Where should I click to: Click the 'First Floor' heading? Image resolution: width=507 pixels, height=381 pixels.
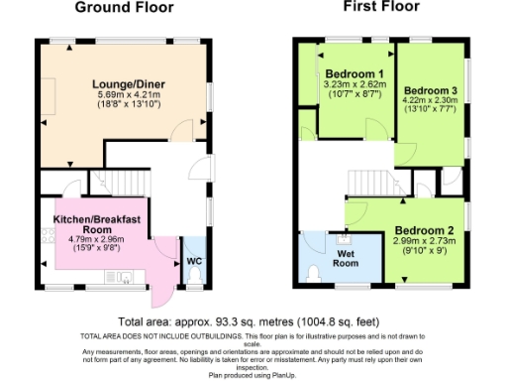point(381,7)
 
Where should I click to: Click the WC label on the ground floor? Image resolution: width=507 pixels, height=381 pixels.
point(194,263)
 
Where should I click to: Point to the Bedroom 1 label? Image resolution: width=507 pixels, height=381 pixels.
point(354,74)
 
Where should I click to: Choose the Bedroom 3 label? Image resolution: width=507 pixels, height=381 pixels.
point(432,87)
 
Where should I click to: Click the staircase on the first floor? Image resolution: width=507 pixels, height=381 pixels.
point(367,182)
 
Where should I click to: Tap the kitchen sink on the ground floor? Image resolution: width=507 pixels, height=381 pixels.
point(126,279)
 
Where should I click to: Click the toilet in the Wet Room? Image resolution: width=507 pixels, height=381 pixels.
point(313,271)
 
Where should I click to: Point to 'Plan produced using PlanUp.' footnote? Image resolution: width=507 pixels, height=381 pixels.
point(253,375)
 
